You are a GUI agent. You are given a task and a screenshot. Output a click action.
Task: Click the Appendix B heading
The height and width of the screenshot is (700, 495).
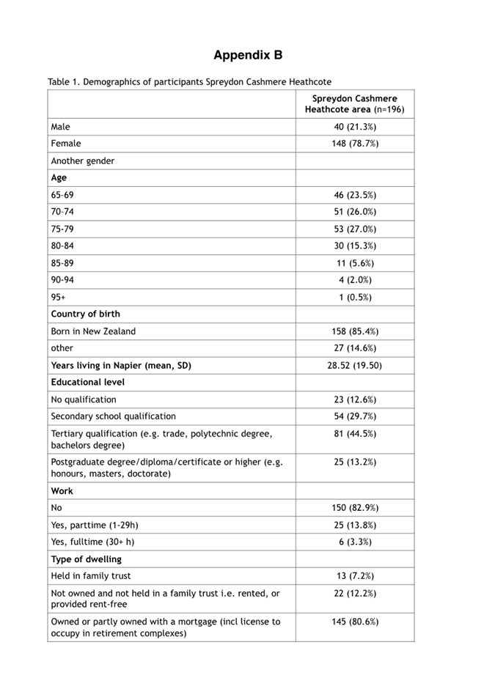(x=248, y=55)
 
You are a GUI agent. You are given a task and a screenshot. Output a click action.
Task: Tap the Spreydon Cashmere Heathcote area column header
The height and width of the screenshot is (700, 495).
(x=355, y=104)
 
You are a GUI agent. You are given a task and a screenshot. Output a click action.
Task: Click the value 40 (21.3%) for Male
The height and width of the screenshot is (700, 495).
(x=355, y=127)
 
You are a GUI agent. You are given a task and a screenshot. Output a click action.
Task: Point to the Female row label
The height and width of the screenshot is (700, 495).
(x=66, y=144)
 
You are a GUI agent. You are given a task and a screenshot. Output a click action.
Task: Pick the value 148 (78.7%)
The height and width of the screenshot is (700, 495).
(x=355, y=144)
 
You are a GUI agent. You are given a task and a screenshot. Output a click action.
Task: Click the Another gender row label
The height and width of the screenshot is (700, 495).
(x=82, y=161)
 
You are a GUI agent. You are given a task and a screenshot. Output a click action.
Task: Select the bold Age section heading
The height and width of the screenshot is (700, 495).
(x=59, y=177)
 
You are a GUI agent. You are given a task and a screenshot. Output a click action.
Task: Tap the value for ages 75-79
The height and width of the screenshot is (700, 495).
(x=355, y=229)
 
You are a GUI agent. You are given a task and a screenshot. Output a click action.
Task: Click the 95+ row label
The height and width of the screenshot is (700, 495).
(x=58, y=297)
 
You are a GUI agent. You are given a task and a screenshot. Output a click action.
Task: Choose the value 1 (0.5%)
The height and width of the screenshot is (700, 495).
(x=355, y=297)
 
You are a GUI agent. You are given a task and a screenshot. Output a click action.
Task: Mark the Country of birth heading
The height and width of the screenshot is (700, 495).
(x=85, y=314)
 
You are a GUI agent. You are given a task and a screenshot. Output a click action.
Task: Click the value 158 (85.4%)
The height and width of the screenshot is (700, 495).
(x=355, y=331)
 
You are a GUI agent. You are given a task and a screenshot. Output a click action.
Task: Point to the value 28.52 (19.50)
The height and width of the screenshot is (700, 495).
(x=355, y=365)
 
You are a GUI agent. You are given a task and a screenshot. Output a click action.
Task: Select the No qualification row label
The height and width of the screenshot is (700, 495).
(x=84, y=399)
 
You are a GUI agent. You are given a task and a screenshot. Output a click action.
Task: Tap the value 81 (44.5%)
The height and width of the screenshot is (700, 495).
(x=355, y=434)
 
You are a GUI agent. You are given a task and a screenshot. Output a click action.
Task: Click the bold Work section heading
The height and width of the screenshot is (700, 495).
(x=62, y=491)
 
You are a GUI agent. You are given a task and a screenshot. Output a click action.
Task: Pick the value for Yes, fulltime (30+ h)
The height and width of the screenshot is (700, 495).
(x=355, y=542)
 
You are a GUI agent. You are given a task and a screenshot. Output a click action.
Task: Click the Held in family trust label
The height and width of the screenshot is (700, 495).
(x=91, y=576)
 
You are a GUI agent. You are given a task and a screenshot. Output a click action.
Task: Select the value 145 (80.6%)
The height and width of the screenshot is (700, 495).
(x=355, y=622)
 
